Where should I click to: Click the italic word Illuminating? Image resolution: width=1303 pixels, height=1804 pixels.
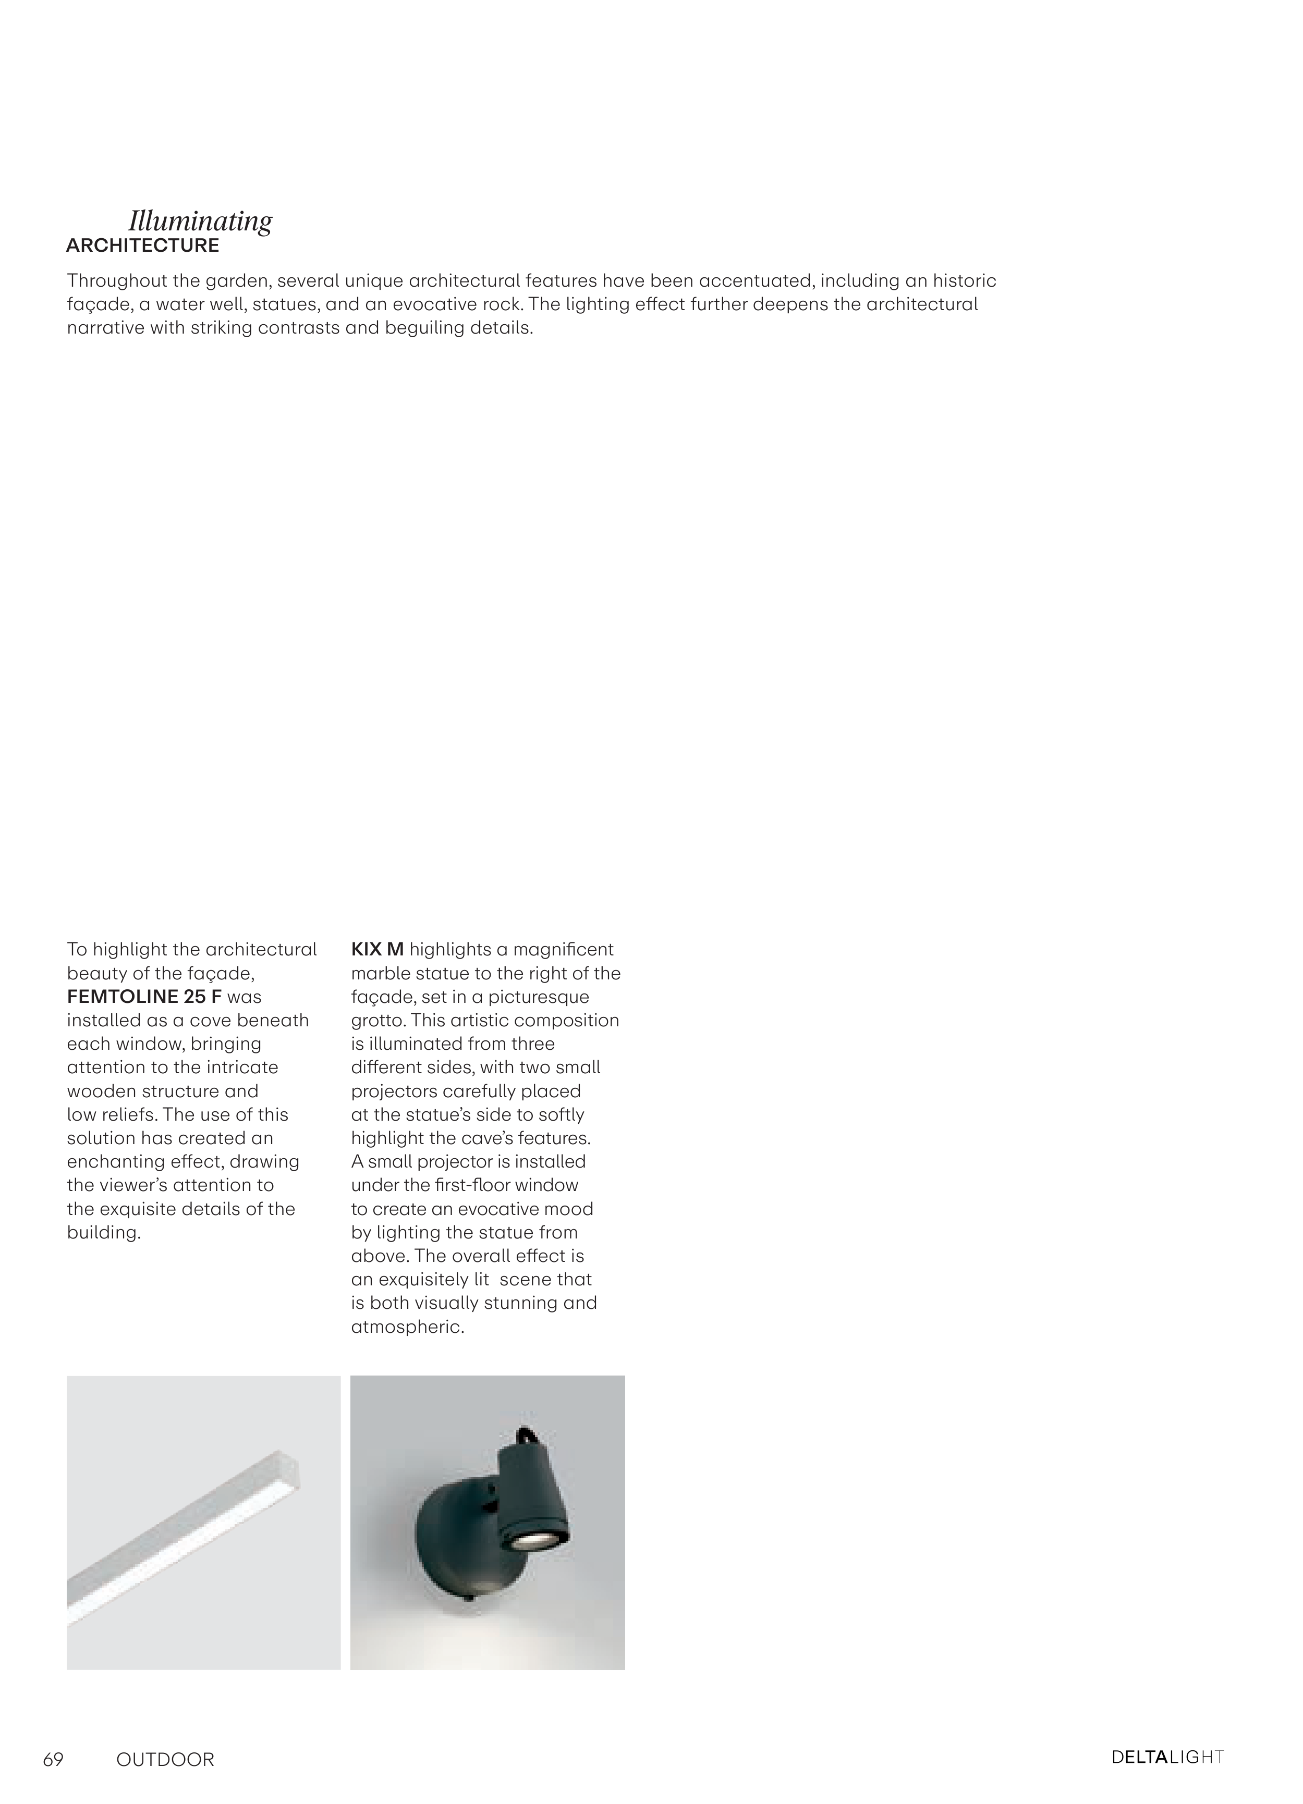(x=200, y=220)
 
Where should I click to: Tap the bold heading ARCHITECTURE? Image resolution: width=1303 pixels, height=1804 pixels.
(x=142, y=246)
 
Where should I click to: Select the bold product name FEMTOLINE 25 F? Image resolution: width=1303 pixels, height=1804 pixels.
(x=144, y=997)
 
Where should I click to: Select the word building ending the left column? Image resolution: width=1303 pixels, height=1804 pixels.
(x=103, y=1233)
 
